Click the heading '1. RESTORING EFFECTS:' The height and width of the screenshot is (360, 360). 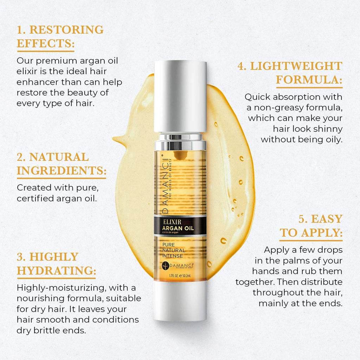pos(60,37)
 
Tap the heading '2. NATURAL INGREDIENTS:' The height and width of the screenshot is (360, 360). pos(62,164)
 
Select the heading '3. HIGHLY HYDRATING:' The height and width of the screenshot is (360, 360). pos(56,264)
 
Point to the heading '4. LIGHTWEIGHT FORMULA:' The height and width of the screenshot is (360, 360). pos(290,73)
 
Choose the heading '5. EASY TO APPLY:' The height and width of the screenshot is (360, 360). pos(311,226)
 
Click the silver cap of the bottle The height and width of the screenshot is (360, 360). pos(180,96)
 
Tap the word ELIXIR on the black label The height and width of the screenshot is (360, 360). pos(172,222)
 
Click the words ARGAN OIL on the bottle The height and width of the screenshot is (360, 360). pos(178,228)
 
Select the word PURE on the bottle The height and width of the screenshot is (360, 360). pos(168,245)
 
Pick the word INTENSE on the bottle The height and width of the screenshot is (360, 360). pos(173,256)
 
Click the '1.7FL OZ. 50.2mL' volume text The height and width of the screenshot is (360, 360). pos(180,276)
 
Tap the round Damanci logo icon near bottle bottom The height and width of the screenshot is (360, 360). pos(165,266)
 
